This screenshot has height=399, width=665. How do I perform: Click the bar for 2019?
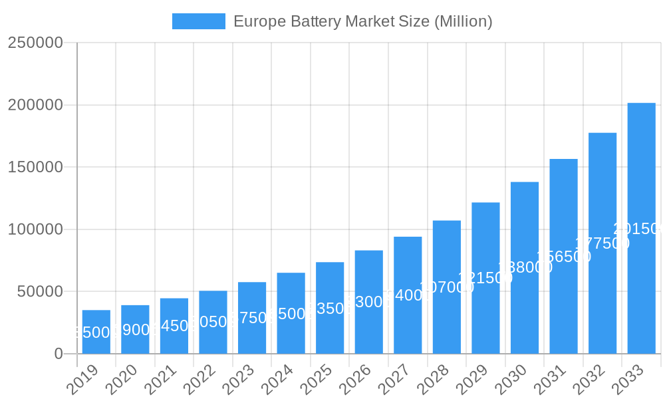pos(96,332)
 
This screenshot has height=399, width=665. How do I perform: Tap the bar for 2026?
pos(368,302)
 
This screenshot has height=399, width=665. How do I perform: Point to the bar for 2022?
pos(213,322)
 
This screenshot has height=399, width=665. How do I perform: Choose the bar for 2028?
pos(447,287)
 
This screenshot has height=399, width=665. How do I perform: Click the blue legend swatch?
pos(198,21)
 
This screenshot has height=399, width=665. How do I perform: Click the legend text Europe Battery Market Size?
pos(362,21)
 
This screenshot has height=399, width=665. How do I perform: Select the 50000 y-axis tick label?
pos(39,291)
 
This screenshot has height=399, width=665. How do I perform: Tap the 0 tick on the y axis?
pos(59,354)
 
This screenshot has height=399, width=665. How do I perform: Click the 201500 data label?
pos(638,229)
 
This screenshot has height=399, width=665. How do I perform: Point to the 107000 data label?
pos(447,287)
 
